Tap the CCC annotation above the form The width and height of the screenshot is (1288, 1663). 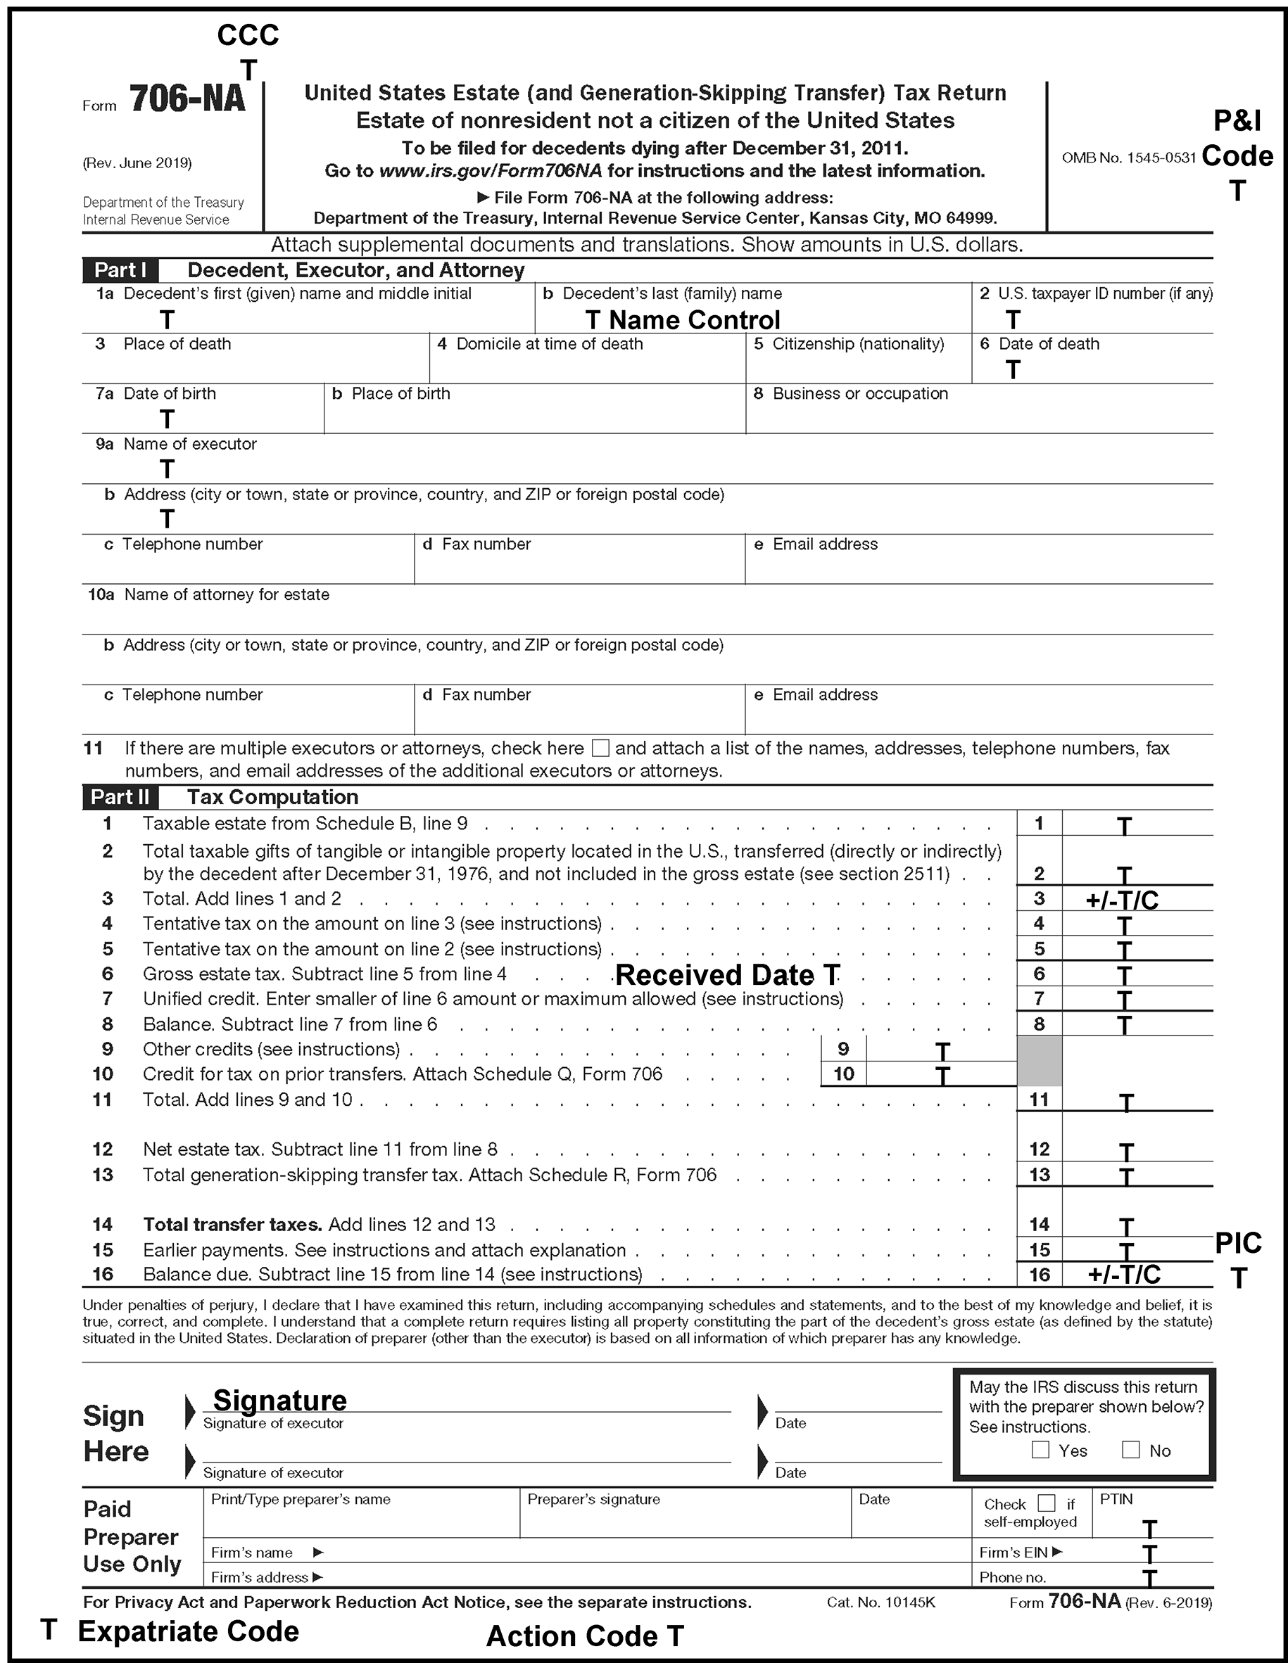248,35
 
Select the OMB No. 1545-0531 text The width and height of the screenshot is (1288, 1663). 1129,158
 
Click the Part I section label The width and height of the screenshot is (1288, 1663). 120,270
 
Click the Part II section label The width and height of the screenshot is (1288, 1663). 120,797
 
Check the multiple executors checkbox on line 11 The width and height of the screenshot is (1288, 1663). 600,748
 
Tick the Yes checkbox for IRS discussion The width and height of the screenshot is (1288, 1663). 1040,1450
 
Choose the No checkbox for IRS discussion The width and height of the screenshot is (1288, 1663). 1130,1450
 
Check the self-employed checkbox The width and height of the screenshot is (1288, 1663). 1047,1503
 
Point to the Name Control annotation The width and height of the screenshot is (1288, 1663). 694,320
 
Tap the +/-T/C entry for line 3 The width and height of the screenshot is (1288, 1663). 1122,900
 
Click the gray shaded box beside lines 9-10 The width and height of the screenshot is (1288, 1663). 1039,1061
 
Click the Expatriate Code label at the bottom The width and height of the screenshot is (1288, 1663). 188,1631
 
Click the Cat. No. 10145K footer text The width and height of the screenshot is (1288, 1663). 880,1602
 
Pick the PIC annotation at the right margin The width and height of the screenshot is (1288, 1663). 1238,1244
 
